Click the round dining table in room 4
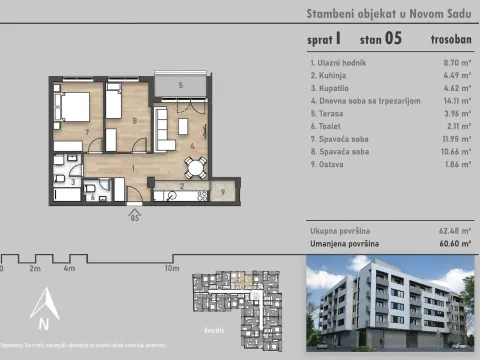pyautogui.click(x=202, y=165)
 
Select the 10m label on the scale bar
pyautogui.click(x=172, y=269)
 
